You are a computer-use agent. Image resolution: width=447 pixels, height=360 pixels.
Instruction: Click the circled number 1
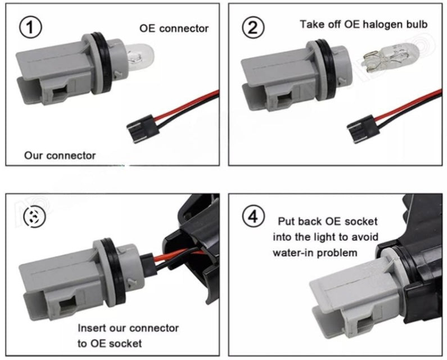(30, 28)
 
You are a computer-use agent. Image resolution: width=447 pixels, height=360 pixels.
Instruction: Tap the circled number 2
(253, 28)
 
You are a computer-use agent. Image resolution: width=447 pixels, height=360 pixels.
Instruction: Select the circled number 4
(253, 217)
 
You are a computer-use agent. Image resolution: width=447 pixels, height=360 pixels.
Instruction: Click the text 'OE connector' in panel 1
(174, 29)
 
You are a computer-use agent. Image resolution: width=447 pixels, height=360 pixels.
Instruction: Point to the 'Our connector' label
(60, 155)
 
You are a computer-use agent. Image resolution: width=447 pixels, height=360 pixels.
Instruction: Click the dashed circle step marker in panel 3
(35, 217)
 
